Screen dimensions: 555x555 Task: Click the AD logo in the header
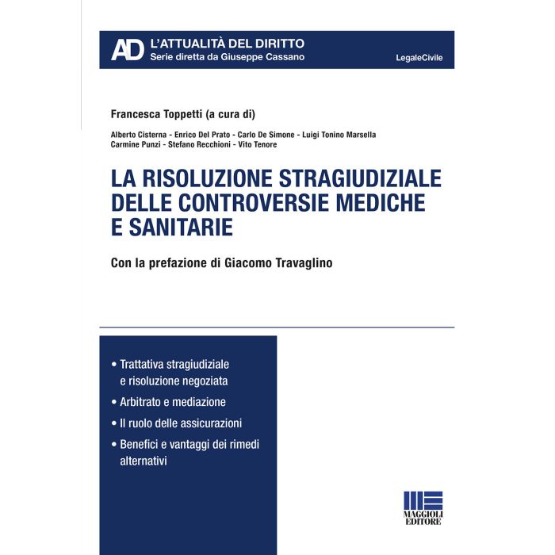127,49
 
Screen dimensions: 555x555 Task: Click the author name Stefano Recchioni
198,144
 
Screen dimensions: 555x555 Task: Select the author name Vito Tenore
258,144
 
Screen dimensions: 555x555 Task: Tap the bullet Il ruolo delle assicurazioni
181,423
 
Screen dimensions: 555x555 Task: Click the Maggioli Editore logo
423,510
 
